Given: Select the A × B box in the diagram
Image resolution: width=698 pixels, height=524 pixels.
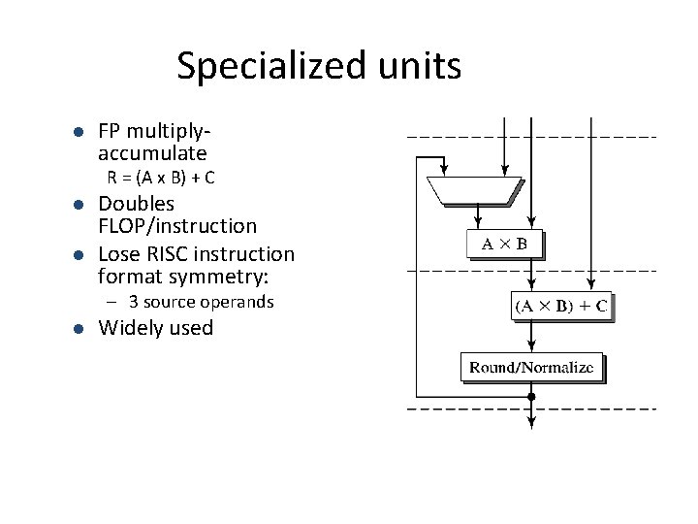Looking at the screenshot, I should (x=504, y=244).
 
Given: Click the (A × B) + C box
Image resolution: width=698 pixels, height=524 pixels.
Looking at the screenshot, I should (x=560, y=307).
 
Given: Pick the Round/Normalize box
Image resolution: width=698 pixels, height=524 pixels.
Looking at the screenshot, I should (x=531, y=367).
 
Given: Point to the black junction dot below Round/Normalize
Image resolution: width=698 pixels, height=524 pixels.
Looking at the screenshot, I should (x=531, y=396).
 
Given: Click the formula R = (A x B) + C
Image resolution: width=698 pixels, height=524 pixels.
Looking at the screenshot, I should (x=161, y=178).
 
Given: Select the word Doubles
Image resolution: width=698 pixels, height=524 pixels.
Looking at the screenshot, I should (x=137, y=204).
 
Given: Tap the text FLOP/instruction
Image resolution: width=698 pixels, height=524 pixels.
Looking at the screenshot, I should (x=178, y=226).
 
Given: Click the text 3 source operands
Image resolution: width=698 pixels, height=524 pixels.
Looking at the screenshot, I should (x=207, y=302).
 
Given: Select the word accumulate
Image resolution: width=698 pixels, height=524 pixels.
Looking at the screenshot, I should (x=152, y=153).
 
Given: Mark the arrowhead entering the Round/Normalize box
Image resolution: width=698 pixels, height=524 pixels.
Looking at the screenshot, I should (x=531, y=347).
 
